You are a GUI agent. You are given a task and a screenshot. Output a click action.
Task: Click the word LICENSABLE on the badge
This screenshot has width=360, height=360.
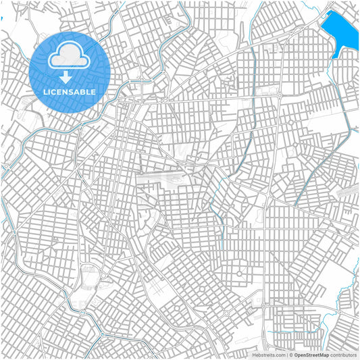[x=70, y=91]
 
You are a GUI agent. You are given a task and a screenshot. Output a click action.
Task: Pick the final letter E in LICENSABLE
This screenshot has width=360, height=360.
[x=93, y=91]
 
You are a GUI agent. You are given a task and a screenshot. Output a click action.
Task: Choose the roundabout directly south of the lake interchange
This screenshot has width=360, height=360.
[x=280, y=97]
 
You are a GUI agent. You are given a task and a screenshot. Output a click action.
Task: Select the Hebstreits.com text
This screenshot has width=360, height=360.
[x=269, y=354]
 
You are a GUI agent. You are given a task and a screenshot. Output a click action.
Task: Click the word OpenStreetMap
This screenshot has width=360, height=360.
[x=311, y=354]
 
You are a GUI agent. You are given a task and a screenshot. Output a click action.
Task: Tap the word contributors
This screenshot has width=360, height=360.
[x=344, y=354]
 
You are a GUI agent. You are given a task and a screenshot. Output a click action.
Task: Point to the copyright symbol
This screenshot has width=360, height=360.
[x=290, y=354]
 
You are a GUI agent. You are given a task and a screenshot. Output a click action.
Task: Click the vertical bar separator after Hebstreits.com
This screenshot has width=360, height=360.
[x=286, y=354]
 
